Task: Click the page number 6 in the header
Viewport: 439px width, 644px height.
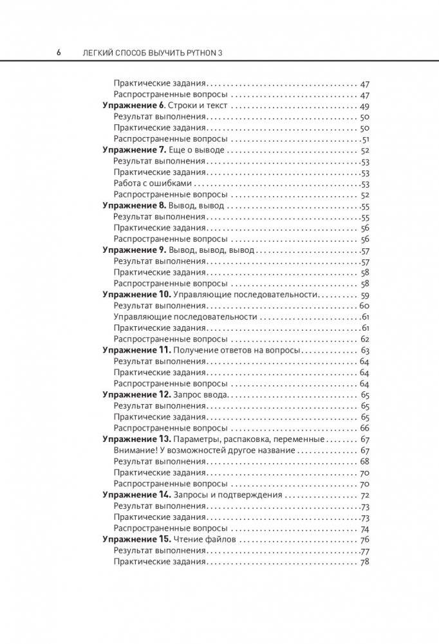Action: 59,51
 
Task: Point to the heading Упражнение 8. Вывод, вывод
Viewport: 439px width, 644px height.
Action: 163,206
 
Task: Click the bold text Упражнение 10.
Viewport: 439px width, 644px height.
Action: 136,294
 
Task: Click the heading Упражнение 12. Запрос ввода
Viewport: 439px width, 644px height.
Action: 166,394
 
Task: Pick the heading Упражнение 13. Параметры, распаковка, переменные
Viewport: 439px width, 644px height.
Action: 213,439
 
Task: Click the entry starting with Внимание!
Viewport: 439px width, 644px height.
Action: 204,450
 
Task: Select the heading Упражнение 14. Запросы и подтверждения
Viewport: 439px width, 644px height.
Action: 192,495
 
